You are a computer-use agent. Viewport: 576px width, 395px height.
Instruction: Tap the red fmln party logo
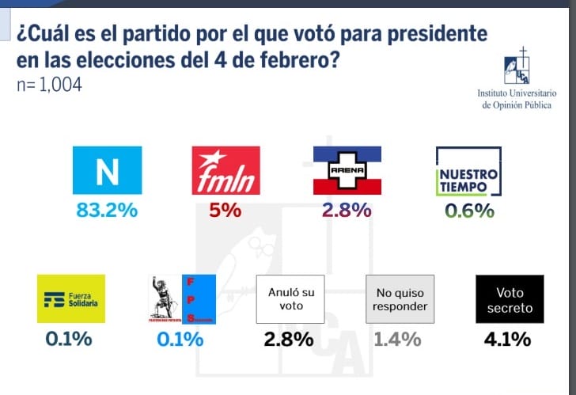tap(225, 171)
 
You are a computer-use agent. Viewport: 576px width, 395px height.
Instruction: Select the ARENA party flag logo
tap(347, 170)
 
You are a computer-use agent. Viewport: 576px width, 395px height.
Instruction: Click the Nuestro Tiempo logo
tap(469, 171)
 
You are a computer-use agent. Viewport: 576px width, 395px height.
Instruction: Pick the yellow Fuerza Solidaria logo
tap(71, 299)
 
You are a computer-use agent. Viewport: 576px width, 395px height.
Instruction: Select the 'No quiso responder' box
tap(400, 299)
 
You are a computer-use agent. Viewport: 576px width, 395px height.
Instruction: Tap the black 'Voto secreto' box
tap(510, 299)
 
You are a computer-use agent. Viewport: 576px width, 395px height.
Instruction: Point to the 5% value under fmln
tap(225, 211)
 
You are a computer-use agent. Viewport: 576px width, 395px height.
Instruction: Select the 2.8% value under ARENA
tap(347, 211)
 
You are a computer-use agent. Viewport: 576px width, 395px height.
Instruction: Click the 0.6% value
tap(469, 211)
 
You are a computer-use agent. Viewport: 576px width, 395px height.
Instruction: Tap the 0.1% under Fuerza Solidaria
tap(69, 340)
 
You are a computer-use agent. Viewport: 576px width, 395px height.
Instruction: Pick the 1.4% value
tap(396, 340)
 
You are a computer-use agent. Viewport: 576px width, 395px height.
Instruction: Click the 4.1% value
tap(507, 340)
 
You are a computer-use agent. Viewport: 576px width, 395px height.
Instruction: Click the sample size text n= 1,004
tap(49, 85)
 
